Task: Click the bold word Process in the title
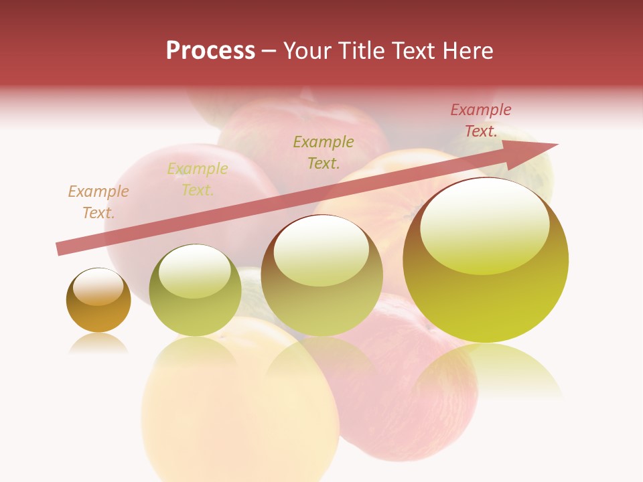(210, 51)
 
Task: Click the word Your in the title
(305, 51)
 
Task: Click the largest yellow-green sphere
(486, 295)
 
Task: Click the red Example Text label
(481, 120)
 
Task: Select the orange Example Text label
(98, 202)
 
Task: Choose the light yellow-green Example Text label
(198, 179)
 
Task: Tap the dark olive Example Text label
(324, 152)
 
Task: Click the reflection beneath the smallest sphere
(98, 344)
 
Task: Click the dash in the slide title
(269, 52)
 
